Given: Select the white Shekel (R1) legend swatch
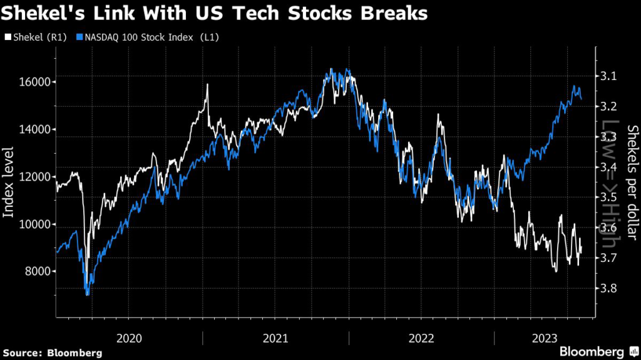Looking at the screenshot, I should [x=8, y=37].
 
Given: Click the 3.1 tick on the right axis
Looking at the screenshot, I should [x=607, y=76].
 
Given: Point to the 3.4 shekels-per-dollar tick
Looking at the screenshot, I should [x=607, y=167].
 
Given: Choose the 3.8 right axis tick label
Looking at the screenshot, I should [x=607, y=289].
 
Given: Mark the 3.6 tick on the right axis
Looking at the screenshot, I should [x=607, y=228].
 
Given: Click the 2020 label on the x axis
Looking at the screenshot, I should [x=130, y=339].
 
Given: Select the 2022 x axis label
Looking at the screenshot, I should [x=421, y=339].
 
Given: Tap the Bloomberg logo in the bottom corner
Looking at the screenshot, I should [x=592, y=351].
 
